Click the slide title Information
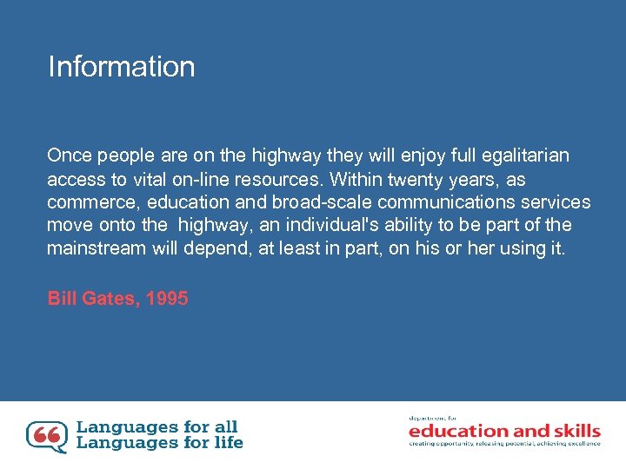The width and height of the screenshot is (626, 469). (122, 67)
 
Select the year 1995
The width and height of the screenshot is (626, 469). (167, 299)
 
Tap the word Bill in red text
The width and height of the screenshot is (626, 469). (63, 299)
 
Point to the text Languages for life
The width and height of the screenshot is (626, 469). (160, 443)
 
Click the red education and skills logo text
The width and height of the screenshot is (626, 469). (504, 431)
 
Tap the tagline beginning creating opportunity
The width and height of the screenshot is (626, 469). (504, 444)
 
